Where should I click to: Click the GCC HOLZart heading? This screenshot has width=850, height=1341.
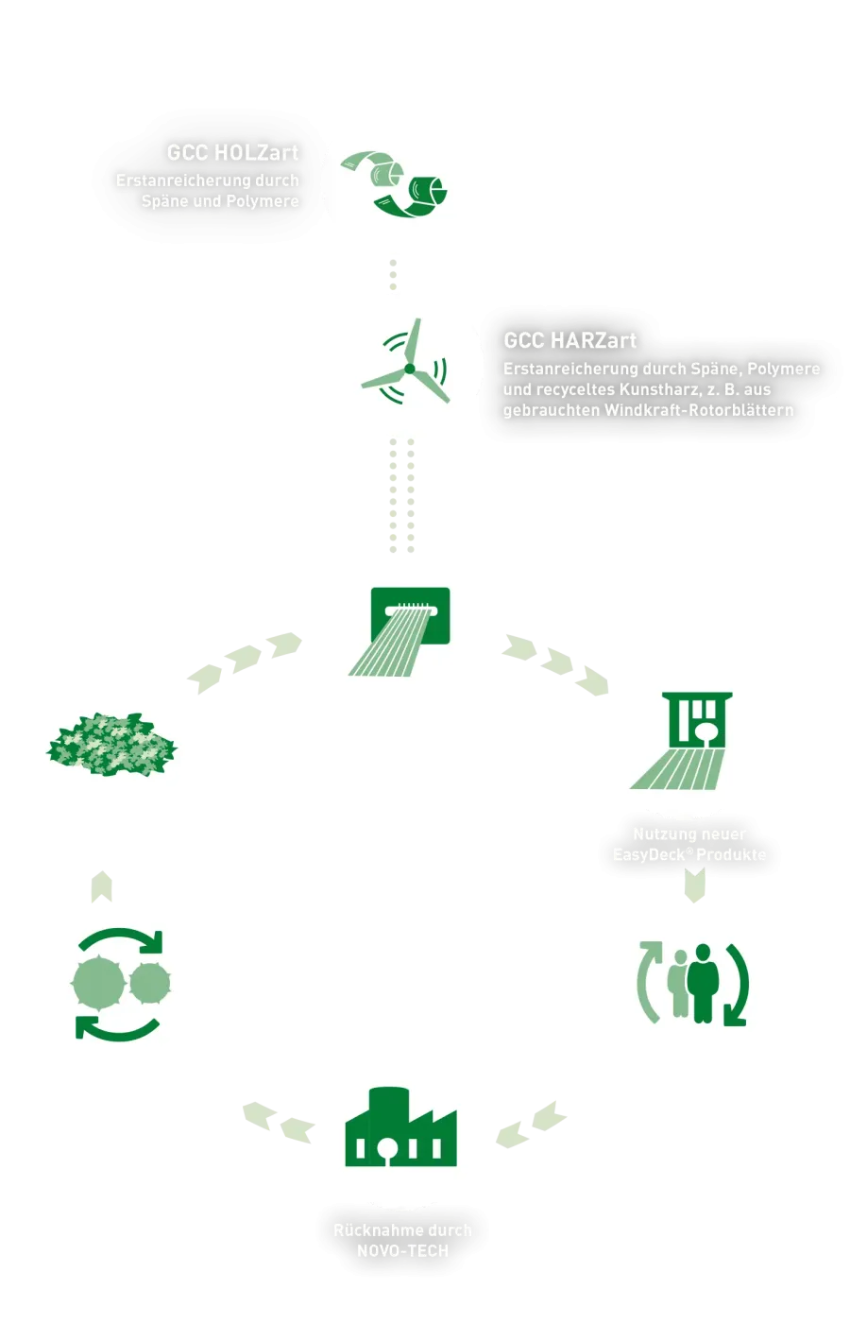click(x=232, y=153)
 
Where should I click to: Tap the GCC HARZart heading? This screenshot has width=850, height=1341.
click(x=569, y=341)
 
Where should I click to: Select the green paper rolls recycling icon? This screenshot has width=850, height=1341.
click(x=393, y=182)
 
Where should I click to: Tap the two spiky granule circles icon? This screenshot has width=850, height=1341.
click(x=120, y=984)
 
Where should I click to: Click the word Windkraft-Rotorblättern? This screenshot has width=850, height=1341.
click(x=699, y=410)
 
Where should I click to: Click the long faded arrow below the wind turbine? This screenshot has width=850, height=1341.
click(x=400, y=497)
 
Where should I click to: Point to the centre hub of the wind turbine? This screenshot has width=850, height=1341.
click(x=409, y=369)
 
